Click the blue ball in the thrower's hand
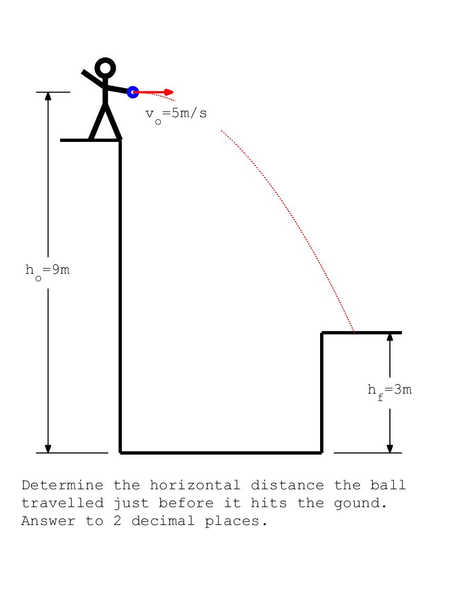[x=133, y=92]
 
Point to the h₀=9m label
[x=48, y=271]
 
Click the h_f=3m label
[x=389, y=391]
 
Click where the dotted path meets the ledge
[x=354, y=332]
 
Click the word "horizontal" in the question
[x=195, y=485]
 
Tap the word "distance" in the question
[x=288, y=485]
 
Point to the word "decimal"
[x=163, y=521]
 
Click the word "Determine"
[x=63, y=485]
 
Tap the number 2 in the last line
[x=117, y=521]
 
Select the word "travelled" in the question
[x=63, y=503]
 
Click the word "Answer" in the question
[x=48, y=521]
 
